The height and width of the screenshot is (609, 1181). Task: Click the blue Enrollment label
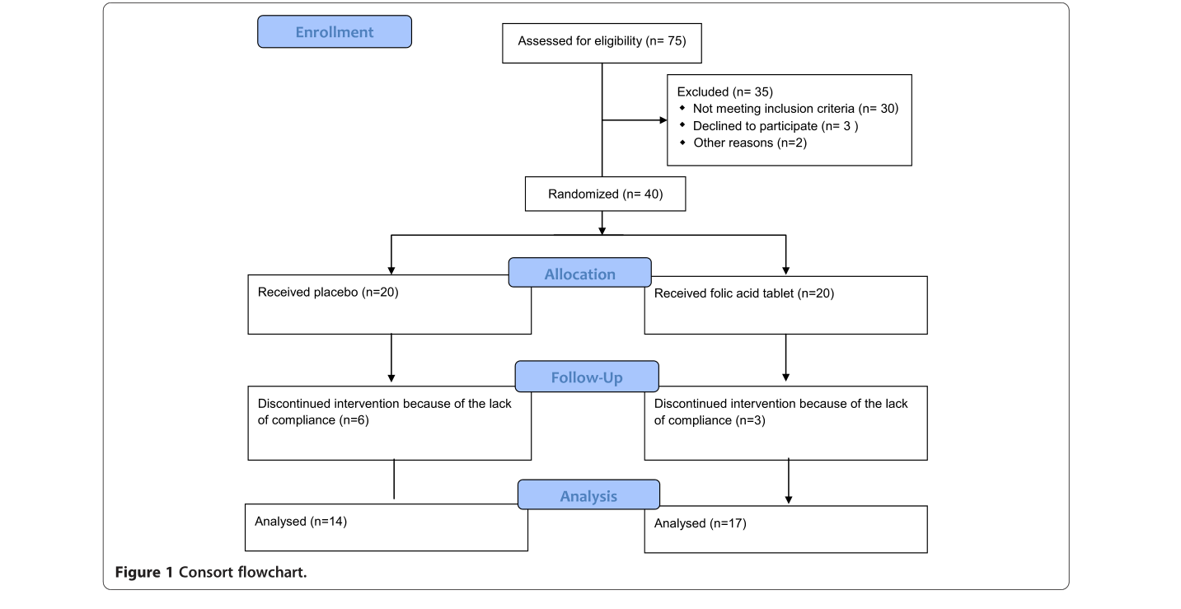(x=335, y=32)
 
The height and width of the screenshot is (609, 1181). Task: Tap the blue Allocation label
(x=579, y=274)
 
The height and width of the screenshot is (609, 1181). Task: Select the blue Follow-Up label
(x=587, y=377)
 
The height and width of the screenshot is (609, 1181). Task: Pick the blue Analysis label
(x=588, y=495)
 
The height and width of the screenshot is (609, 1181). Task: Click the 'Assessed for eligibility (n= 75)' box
(x=602, y=41)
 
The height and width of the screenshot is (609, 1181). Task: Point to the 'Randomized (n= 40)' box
(x=605, y=194)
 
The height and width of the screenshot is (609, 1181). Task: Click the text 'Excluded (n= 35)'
(x=724, y=91)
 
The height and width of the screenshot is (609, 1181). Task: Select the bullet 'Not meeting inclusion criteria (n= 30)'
(x=795, y=109)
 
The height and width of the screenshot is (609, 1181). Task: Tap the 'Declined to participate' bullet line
(x=774, y=126)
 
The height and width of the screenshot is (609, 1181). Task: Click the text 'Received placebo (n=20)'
(x=328, y=292)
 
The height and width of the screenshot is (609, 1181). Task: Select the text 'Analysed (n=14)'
(x=301, y=521)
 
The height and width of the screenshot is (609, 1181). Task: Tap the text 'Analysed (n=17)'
(x=701, y=523)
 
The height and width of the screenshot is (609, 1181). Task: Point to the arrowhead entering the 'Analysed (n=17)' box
(x=789, y=499)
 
